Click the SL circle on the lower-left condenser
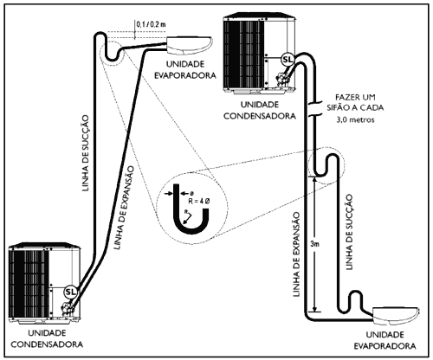point(70,292)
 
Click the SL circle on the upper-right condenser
point(288,60)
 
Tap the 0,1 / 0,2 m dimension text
point(151,24)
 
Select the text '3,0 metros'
point(355,119)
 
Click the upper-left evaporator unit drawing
point(190,45)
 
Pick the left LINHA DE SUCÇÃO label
point(86,153)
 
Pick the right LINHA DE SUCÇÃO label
point(349,232)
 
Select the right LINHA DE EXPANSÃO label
point(296,254)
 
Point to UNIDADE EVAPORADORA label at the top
point(185,69)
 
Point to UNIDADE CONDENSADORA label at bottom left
point(47,338)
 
